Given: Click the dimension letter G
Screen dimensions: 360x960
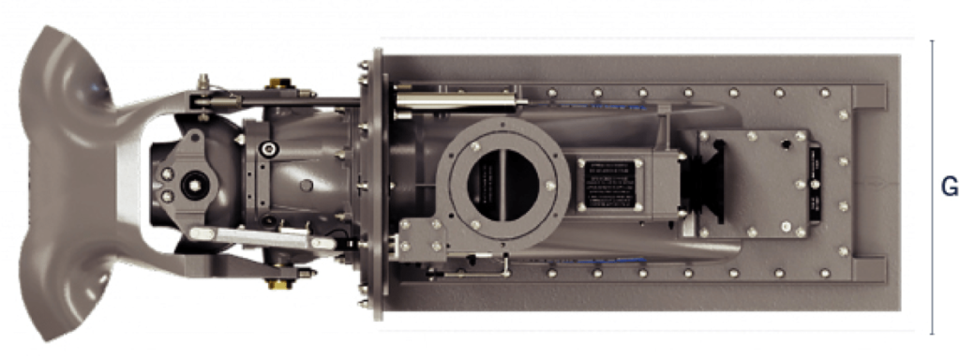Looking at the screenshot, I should (949, 187).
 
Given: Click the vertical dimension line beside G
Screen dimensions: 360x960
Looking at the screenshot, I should (932, 187).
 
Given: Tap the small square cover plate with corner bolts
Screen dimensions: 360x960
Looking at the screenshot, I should (755, 183).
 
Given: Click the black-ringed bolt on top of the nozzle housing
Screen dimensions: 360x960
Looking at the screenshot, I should (269, 147).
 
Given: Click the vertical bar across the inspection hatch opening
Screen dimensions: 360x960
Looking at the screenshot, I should (501, 182).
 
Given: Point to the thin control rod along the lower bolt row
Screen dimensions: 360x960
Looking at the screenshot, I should (469, 272).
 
